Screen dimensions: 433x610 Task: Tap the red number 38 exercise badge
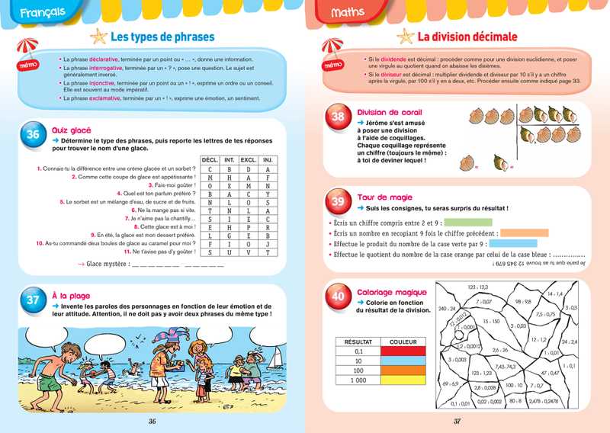coord(338,117)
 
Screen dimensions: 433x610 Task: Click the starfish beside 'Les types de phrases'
coord(98,37)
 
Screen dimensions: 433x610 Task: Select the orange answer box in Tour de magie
coord(525,233)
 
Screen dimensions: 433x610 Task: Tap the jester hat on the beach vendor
coord(167,339)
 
